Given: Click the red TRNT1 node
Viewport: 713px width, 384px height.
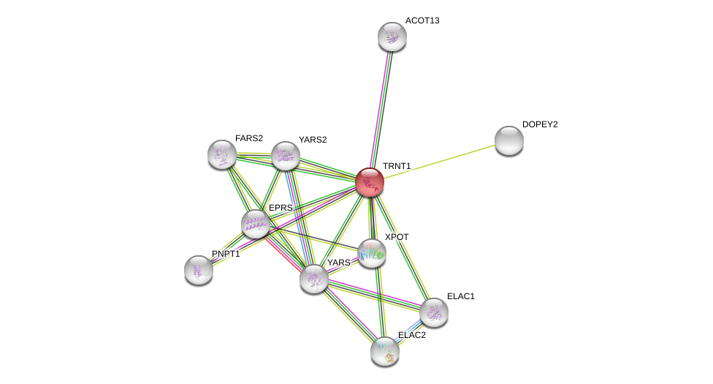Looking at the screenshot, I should [x=370, y=182].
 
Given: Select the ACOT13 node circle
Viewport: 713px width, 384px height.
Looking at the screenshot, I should [x=392, y=37].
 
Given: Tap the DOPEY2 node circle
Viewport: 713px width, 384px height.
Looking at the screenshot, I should [x=509, y=140].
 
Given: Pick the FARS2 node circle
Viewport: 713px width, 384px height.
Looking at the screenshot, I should [x=222, y=154].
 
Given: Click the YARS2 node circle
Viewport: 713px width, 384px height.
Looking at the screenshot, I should [x=286, y=156].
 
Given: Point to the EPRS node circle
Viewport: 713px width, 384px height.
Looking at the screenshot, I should [x=256, y=224].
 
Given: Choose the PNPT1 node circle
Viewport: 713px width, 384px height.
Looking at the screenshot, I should [x=199, y=270].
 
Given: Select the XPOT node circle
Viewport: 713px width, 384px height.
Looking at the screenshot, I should [x=372, y=253].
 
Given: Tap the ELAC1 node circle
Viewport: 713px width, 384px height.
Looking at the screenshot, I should [x=434, y=312].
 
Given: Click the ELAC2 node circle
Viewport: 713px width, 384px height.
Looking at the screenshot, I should [x=385, y=351].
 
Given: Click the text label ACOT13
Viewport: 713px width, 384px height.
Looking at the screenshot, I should [x=422, y=20].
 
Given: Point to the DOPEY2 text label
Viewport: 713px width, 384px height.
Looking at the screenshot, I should [x=540, y=124].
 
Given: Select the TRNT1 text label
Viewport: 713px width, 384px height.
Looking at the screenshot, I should [x=397, y=166].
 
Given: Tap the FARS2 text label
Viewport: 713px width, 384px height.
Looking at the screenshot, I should [x=249, y=138].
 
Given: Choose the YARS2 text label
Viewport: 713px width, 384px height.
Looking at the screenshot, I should [x=313, y=140].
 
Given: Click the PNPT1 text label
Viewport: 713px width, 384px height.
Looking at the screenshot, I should [x=226, y=254].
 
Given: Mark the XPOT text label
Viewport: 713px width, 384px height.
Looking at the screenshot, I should [x=397, y=237].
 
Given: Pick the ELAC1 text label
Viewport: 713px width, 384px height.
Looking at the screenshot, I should [x=461, y=296].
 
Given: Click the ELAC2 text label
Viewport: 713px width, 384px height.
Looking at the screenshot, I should [x=412, y=335].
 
